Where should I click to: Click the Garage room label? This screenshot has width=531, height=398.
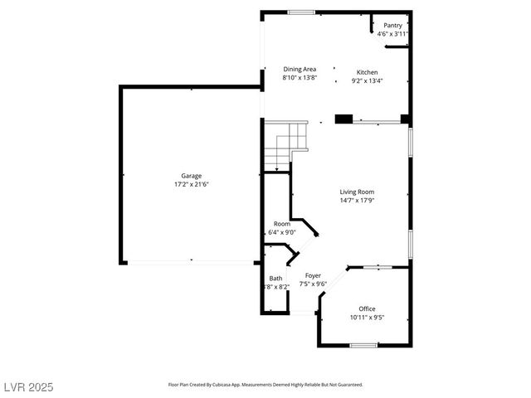(192, 176)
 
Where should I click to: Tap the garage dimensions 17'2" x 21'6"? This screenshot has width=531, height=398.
(192, 184)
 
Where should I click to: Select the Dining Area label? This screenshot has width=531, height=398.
(300, 70)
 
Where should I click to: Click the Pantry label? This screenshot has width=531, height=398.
(392, 26)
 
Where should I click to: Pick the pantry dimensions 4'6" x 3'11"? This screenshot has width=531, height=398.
(392, 34)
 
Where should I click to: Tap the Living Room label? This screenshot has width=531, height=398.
(357, 192)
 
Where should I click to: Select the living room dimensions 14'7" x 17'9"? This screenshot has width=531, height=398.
(357, 200)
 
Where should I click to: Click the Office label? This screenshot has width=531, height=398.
(367, 308)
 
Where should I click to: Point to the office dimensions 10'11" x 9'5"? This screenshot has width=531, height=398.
(367, 317)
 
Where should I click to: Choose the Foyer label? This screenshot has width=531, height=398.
(313, 275)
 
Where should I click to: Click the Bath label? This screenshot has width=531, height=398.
(275, 279)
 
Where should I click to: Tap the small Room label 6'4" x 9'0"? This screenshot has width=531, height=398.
(282, 224)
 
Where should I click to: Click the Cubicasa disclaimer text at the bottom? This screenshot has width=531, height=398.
(265, 385)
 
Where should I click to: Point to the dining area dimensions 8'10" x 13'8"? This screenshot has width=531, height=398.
(300, 78)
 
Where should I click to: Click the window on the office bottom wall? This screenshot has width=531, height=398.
(363, 345)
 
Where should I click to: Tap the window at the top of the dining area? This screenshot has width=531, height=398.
(301, 12)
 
